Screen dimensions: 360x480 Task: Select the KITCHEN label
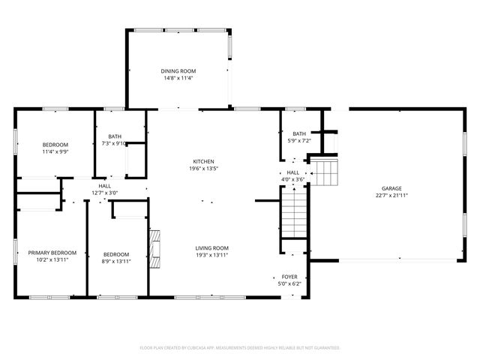204,161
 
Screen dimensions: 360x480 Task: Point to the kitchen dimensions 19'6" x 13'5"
204,169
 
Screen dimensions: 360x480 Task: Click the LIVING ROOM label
212,248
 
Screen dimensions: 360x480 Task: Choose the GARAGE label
391,188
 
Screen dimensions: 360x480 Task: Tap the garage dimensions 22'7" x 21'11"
391,195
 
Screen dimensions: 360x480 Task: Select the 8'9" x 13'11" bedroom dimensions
116,260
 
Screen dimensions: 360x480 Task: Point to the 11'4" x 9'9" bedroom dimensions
55,151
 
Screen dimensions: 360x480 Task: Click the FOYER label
289,277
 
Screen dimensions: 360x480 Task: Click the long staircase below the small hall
294,211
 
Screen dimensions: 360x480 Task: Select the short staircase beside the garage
324,172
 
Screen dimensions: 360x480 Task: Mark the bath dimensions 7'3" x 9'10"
115,143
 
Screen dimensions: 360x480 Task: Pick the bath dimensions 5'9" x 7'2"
299,140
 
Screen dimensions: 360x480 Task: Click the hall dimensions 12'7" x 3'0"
104,193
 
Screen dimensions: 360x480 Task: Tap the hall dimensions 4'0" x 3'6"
292,179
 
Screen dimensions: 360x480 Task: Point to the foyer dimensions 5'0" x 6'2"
289,283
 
